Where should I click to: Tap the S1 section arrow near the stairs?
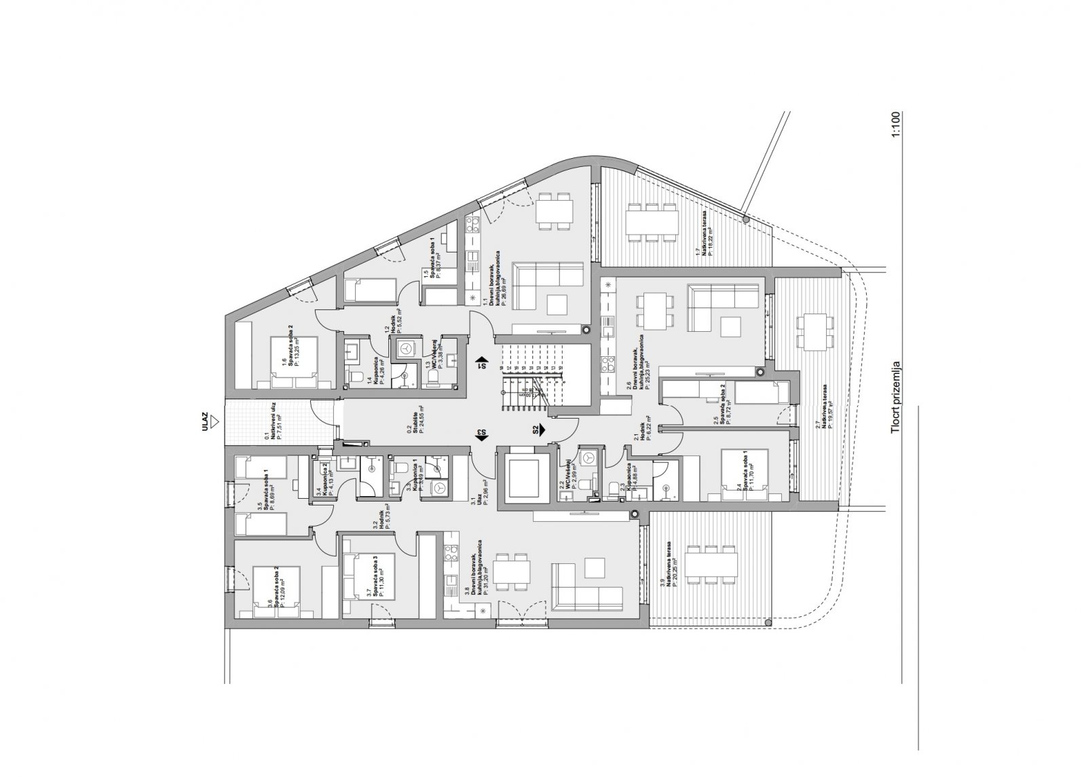pos(481,363)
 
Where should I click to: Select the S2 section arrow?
pos(541,429)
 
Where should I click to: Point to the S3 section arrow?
pos(481,434)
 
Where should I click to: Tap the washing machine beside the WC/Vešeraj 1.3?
pos(405,347)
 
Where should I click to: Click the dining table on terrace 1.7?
pos(652,221)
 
